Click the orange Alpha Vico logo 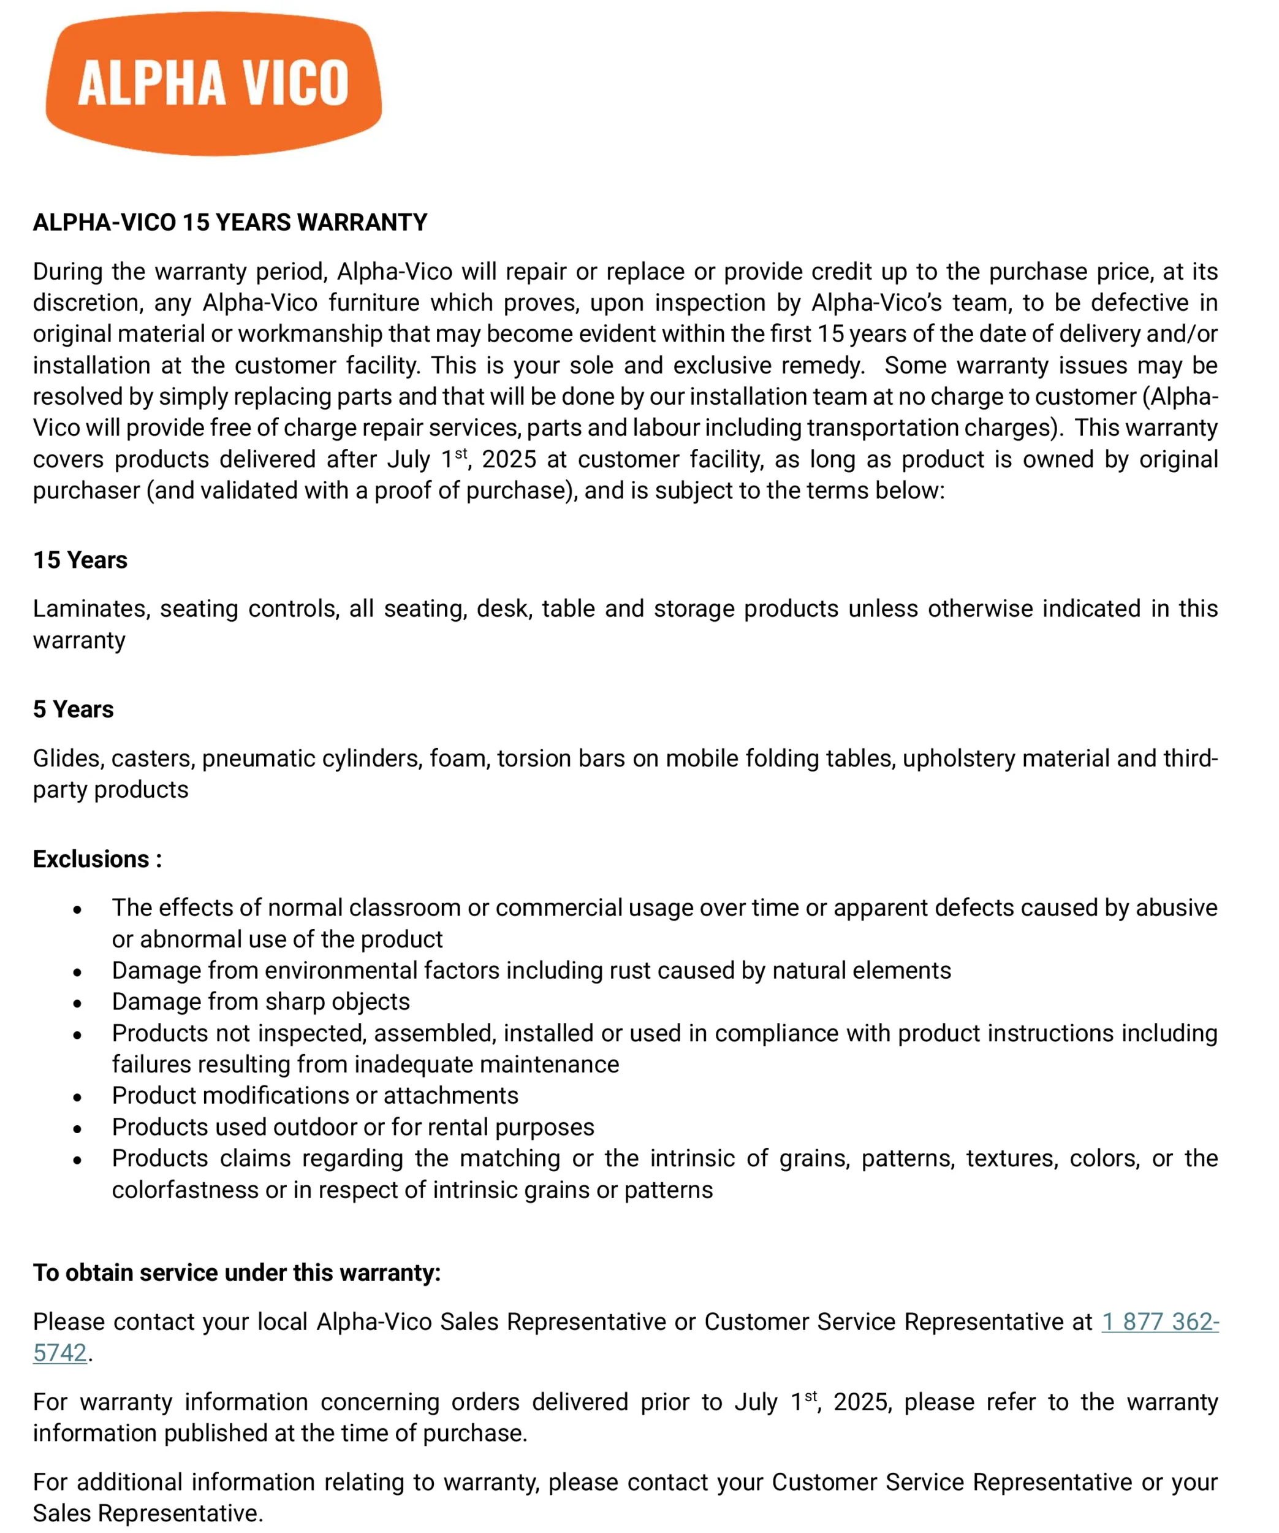pyautogui.click(x=213, y=83)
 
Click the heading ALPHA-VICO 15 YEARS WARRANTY pyautogui.click(x=230, y=222)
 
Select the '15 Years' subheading pyautogui.click(x=80, y=560)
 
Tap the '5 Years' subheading pyautogui.click(x=73, y=709)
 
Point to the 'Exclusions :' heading pyautogui.click(x=97, y=858)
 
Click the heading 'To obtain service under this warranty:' pyautogui.click(x=237, y=1272)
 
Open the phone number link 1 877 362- pyautogui.click(x=1160, y=1321)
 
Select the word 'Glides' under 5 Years pyautogui.click(x=67, y=759)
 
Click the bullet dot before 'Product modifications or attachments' pyautogui.click(x=77, y=1097)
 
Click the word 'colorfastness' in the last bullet pyautogui.click(x=185, y=1190)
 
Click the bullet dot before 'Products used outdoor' pyautogui.click(x=77, y=1128)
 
